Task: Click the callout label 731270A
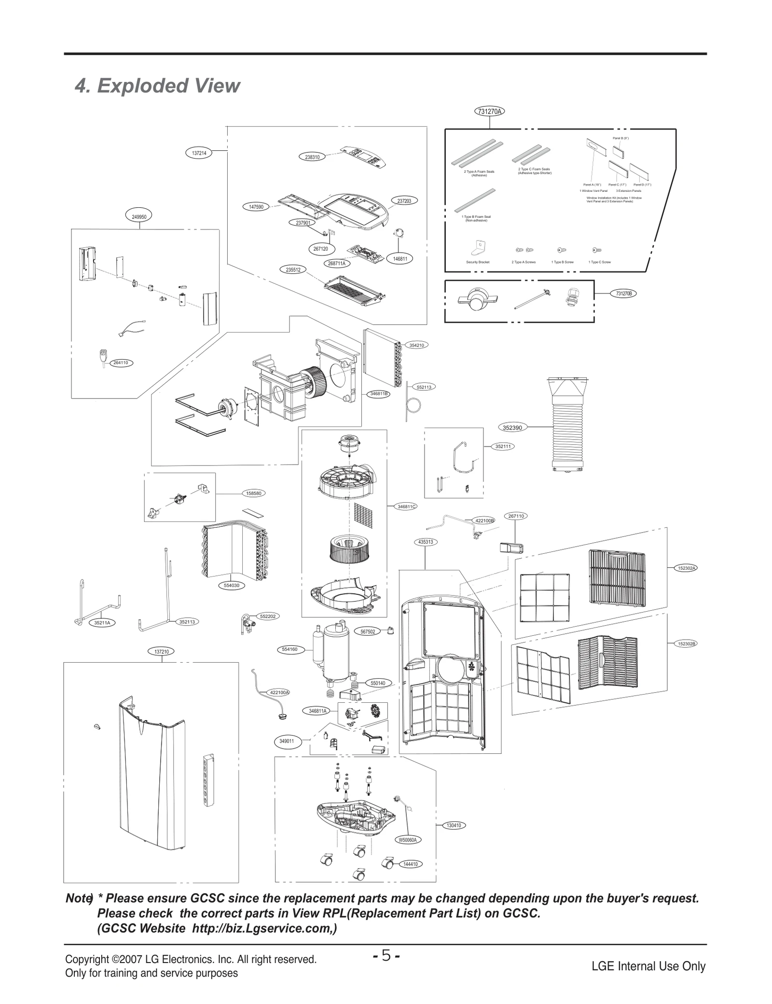[490, 112]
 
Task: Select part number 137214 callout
[199, 153]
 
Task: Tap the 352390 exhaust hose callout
[512, 427]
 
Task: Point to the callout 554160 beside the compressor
[290, 649]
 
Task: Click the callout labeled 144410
[410, 864]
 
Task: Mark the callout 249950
[139, 217]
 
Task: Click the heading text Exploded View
[157, 86]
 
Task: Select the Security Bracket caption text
[478, 262]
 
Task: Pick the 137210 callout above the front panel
[161, 652]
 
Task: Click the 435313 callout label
[425, 542]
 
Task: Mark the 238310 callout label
[312, 157]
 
